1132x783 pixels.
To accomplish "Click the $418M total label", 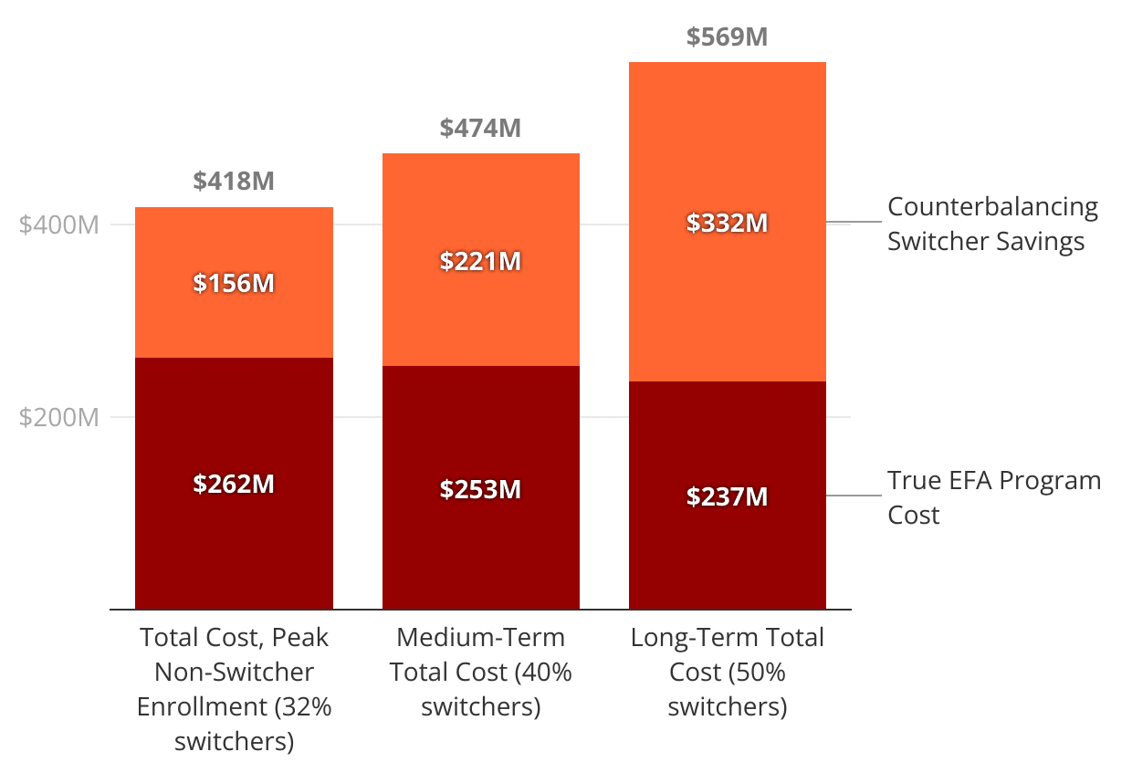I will click(234, 181).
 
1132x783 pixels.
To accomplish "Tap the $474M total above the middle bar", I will click(480, 128).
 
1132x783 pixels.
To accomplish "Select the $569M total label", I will click(727, 37).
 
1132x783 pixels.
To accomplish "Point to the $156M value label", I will click(234, 283).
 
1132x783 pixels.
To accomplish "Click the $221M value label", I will click(480, 261).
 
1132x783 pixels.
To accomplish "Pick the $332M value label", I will click(727, 222).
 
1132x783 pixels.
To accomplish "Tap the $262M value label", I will click(234, 484).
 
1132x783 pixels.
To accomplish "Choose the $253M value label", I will click(480, 489).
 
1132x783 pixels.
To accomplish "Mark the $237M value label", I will click(727, 496).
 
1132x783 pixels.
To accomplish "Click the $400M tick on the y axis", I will click(58, 224).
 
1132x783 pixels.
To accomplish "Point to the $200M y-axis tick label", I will click(58, 417).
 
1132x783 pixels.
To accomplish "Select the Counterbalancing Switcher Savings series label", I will click(992, 224).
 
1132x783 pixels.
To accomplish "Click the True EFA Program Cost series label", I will click(993, 497).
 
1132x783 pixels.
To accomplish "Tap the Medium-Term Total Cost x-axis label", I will click(480, 672).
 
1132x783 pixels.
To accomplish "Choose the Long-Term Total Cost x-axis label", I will click(727, 672).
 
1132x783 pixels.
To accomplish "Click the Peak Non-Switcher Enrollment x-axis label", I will click(234, 689).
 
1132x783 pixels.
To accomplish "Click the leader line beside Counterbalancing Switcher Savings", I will click(854, 222).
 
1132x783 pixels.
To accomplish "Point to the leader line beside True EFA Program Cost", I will click(854, 496).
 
